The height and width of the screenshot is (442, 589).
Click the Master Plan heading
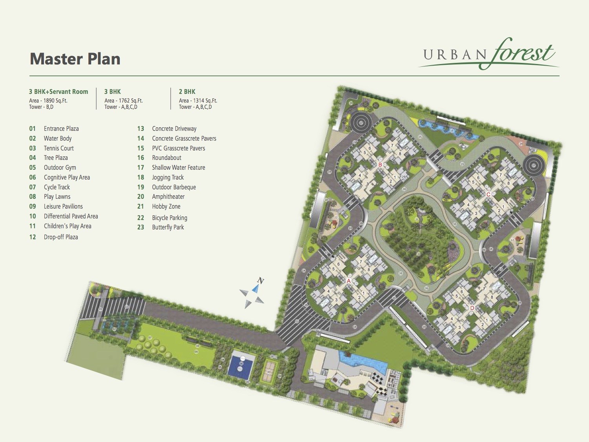(75, 59)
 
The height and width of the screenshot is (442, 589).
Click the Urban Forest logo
(489, 54)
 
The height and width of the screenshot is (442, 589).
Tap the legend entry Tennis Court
(59, 148)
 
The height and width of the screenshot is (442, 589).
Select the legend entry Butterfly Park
(168, 227)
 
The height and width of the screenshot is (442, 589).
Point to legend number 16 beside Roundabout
(141, 158)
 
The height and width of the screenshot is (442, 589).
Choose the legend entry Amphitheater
(168, 196)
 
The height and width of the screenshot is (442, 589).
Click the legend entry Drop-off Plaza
(61, 237)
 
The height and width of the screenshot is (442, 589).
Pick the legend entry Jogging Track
(168, 177)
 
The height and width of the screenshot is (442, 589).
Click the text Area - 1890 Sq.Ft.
(48, 101)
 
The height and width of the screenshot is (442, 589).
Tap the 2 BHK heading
(187, 92)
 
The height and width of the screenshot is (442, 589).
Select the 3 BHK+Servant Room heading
(59, 92)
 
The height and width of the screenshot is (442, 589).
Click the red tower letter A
(349, 281)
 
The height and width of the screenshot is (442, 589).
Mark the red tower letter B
(380, 165)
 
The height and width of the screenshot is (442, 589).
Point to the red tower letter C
(488, 194)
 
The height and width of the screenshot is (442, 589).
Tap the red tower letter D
(472, 308)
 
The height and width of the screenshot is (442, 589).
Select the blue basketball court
(241, 365)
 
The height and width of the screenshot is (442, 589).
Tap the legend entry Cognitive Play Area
(67, 177)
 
